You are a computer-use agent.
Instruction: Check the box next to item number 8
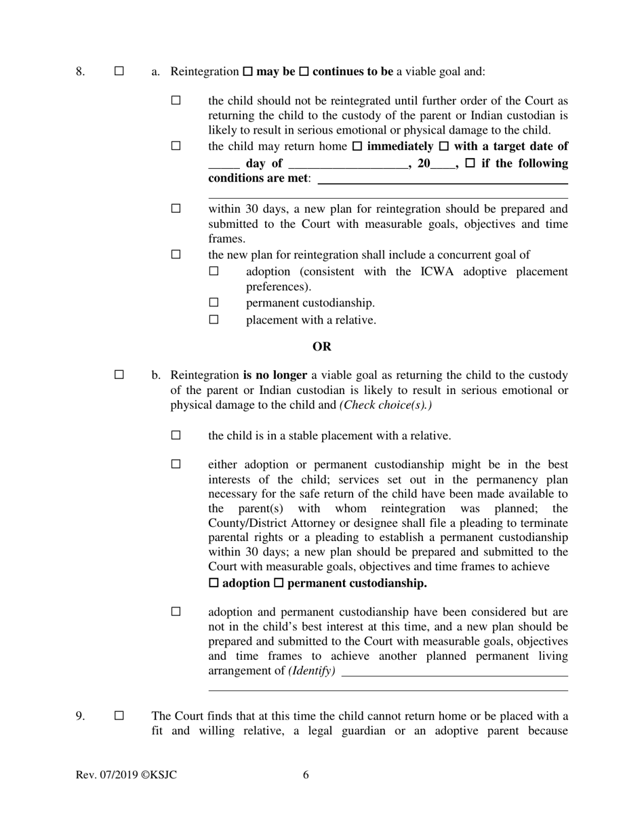pyautogui.click(x=119, y=71)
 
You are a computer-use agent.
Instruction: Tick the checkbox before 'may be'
pyautogui.click(x=247, y=71)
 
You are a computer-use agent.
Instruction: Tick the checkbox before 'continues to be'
pyautogui.click(x=304, y=71)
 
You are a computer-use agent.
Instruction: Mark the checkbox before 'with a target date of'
pyautogui.click(x=445, y=146)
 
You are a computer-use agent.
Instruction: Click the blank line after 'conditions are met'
pyautogui.click(x=442, y=180)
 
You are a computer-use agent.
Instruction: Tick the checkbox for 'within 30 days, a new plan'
pyautogui.click(x=176, y=209)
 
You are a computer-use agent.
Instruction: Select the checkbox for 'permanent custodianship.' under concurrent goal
pyautogui.click(x=214, y=302)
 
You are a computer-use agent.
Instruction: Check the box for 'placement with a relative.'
pyautogui.click(x=214, y=319)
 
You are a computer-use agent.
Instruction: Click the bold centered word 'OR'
pyautogui.click(x=322, y=346)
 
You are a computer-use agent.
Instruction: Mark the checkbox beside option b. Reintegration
pyautogui.click(x=119, y=375)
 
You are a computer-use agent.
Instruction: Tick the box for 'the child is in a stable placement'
pyautogui.click(x=176, y=435)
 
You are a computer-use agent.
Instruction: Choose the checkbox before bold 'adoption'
pyautogui.click(x=214, y=583)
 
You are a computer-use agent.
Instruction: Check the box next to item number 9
pyautogui.click(x=119, y=716)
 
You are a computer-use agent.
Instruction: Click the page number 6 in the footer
pyautogui.click(x=306, y=775)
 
